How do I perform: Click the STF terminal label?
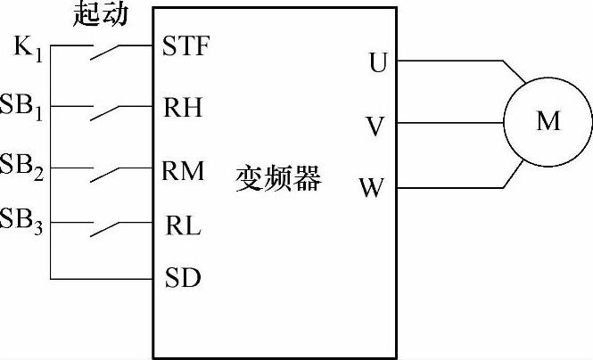click(185, 46)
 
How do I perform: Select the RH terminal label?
click(183, 108)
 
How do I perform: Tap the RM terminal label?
click(184, 169)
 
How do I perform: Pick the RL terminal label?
click(183, 226)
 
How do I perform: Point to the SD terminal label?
click(183, 279)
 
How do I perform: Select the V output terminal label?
click(375, 126)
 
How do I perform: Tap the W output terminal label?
click(372, 189)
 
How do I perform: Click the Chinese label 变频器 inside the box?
click(277, 177)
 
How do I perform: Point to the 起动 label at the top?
click(99, 13)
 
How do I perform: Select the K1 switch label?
click(28, 46)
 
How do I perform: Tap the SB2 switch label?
click(25, 166)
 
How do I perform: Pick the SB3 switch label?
click(25, 219)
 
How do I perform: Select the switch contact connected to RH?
click(106, 114)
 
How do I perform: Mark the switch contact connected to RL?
click(106, 230)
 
